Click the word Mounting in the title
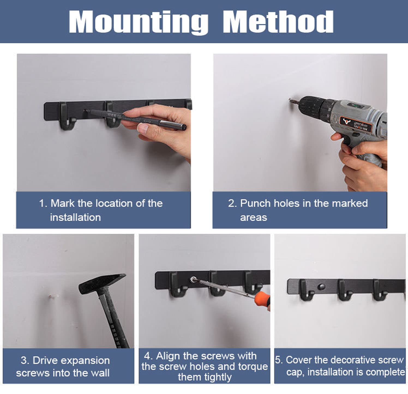coord(139,22)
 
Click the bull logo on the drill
coord(346,121)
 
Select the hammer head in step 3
coord(102,283)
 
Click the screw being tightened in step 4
coord(193,279)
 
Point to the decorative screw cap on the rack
coord(321,287)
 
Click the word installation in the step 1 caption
coord(75,217)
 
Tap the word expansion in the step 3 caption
coord(85,361)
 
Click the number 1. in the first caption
coord(43,203)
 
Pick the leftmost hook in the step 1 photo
coord(67,116)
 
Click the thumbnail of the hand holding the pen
coord(104,122)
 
